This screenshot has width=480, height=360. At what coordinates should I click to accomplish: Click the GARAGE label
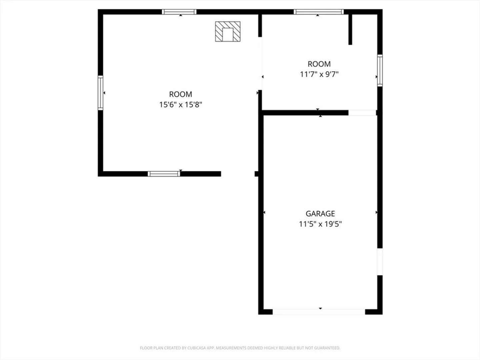(x=320, y=213)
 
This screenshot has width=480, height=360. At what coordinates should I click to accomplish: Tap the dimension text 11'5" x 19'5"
(x=320, y=224)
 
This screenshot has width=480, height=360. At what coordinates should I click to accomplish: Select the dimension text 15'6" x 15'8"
(x=180, y=105)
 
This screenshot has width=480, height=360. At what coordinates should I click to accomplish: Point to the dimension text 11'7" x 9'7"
(x=319, y=74)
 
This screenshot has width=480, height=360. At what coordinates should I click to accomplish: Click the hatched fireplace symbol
(x=228, y=31)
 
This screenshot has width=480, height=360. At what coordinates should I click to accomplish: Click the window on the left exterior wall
(x=100, y=93)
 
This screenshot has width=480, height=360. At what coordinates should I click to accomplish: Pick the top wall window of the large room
(x=179, y=12)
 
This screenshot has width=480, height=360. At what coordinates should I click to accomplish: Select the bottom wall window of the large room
(x=164, y=174)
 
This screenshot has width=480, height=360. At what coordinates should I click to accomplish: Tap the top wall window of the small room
(x=319, y=12)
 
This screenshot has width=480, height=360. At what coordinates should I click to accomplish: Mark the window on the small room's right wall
(x=380, y=70)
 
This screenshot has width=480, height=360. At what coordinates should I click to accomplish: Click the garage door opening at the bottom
(x=319, y=312)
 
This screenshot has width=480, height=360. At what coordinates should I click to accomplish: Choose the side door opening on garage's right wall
(x=380, y=262)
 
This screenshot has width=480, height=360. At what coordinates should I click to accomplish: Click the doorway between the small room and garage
(x=362, y=113)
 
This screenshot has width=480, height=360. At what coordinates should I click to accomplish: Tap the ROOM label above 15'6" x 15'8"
(x=180, y=94)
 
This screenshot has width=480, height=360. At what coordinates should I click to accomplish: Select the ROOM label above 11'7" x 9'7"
(x=319, y=64)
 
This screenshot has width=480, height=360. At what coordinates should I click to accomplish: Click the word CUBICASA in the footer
(x=197, y=348)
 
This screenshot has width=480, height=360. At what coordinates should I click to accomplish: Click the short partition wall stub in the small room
(x=350, y=30)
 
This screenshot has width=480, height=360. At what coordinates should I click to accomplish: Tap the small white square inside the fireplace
(x=228, y=35)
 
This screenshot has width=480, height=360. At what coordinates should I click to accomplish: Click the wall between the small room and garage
(x=305, y=113)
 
